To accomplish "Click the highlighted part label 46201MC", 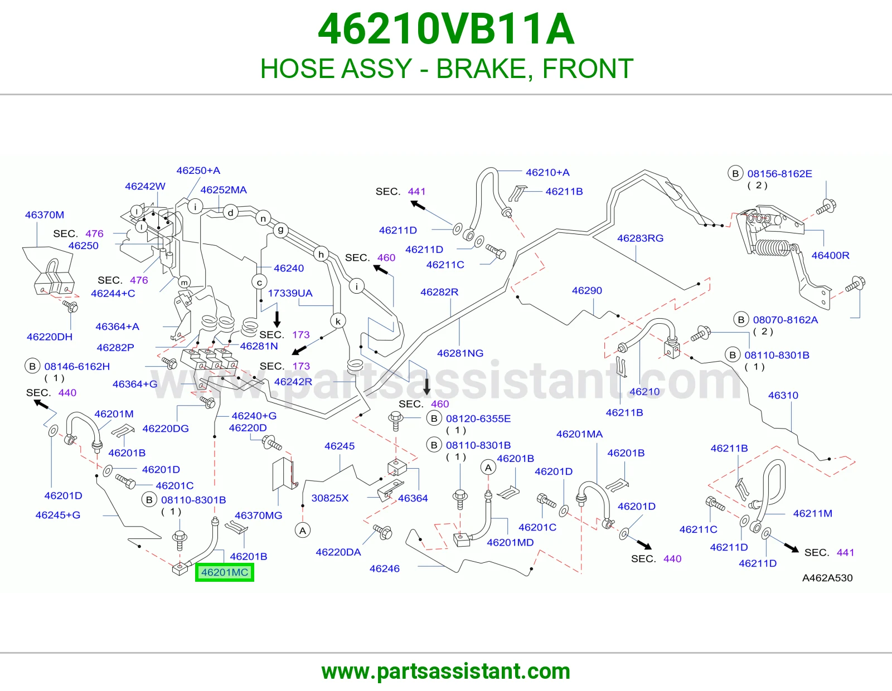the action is pyautogui.click(x=225, y=572).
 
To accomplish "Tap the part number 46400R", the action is pyautogui.click(x=830, y=255).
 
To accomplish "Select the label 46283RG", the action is pyautogui.click(x=640, y=238).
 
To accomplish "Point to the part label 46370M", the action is pyautogui.click(x=45, y=215).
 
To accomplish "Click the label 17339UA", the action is pyautogui.click(x=290, y=293).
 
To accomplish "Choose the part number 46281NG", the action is pyautogui.click(x=460, y=353).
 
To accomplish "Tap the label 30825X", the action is pyautogui.click(x=329, y=498).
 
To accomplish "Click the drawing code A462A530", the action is pyautogui.click(x=827, y=578).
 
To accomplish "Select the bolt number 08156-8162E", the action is pyautogui.click(x=779, y=173).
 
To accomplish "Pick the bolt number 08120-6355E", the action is pyautogui.click(x=478, y=419).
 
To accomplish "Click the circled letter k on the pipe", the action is pyautogui.click(x=338, y=322).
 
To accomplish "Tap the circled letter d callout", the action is pyautogui.click(x=230, y=212).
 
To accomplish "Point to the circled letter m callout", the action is pyautogui.click(x=184, y=283).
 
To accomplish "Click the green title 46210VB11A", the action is pyautogui.click(x=446, y=29).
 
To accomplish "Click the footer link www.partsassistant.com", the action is pyautogui.click(x=446, y=671).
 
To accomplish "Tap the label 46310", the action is pyautogui.click(x=783, y=395).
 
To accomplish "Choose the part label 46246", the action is pyautogui.click(x=384, y=568).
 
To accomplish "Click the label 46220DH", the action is pyautogui.click(x=49, y=337).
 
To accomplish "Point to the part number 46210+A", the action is pyautogui.click(x=547, y=172).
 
